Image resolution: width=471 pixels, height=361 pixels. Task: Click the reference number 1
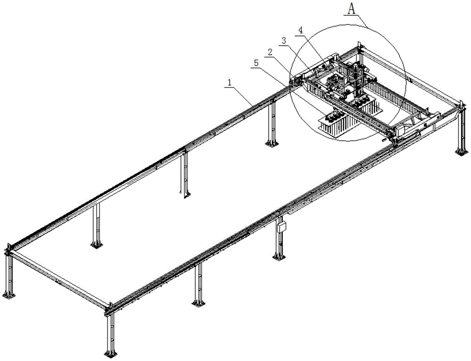coord(229,82)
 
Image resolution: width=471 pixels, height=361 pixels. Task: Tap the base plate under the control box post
coord(279,257)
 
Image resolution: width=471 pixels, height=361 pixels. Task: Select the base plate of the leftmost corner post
coord(8,295)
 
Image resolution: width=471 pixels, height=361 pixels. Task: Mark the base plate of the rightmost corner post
coord(460,151)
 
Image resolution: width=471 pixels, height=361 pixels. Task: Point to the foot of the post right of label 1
coord(270,143)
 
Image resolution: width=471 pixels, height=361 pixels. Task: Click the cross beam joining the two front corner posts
coord(57,278)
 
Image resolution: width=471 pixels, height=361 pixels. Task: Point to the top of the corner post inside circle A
coord(359,46)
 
